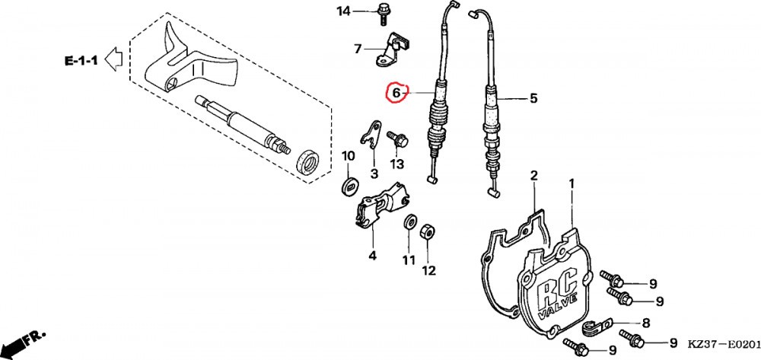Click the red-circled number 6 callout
395,94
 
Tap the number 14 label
344,11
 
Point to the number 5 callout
533,98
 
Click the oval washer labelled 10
350,185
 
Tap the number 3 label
374,174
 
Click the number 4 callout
372,255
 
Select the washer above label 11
409,224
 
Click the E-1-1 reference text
79,59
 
